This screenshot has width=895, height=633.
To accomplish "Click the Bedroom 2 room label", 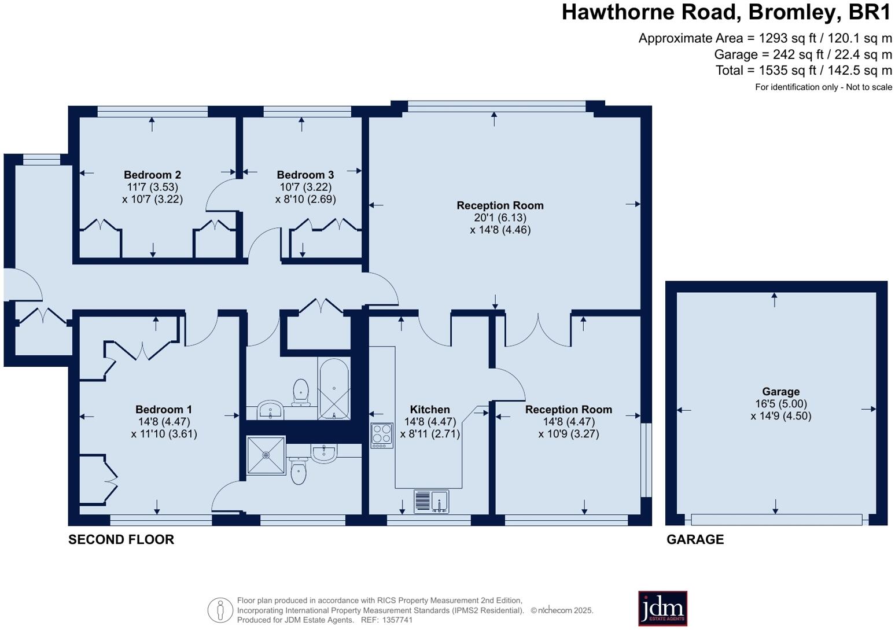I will click(x=152, y=175).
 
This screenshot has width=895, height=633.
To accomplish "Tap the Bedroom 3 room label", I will click(x=305, y=175).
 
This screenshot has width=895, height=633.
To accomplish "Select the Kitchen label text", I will click(x=430, y=410).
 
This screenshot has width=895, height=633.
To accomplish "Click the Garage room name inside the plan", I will click(x=780, y=392).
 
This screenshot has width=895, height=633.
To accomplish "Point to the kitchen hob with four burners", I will click(x=382, y=436).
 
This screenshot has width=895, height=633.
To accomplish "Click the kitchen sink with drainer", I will click(x=432, y=501).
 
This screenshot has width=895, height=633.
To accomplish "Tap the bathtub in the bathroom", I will click(x=334, y=389).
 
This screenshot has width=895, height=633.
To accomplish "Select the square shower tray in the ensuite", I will click(x=266, y=455).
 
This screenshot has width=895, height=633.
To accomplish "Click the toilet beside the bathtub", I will click(x=301, y=392).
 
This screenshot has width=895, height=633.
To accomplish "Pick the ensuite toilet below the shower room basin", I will click(x=299, y=470).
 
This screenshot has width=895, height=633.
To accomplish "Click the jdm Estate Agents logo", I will click(x=662, y=608).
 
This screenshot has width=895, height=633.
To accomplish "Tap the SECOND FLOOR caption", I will click(x=121, y=539).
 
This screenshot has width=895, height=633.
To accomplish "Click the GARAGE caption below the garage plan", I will click(x=695, y=539).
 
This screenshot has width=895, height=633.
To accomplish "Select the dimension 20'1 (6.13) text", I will click(x=500, y=218).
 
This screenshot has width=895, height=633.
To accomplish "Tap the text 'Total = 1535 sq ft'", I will click(x=767, y=71).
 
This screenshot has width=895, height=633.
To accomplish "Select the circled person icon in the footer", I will click(x=220, y=610).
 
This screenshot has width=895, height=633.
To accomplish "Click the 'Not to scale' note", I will click(x=869, y=87).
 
